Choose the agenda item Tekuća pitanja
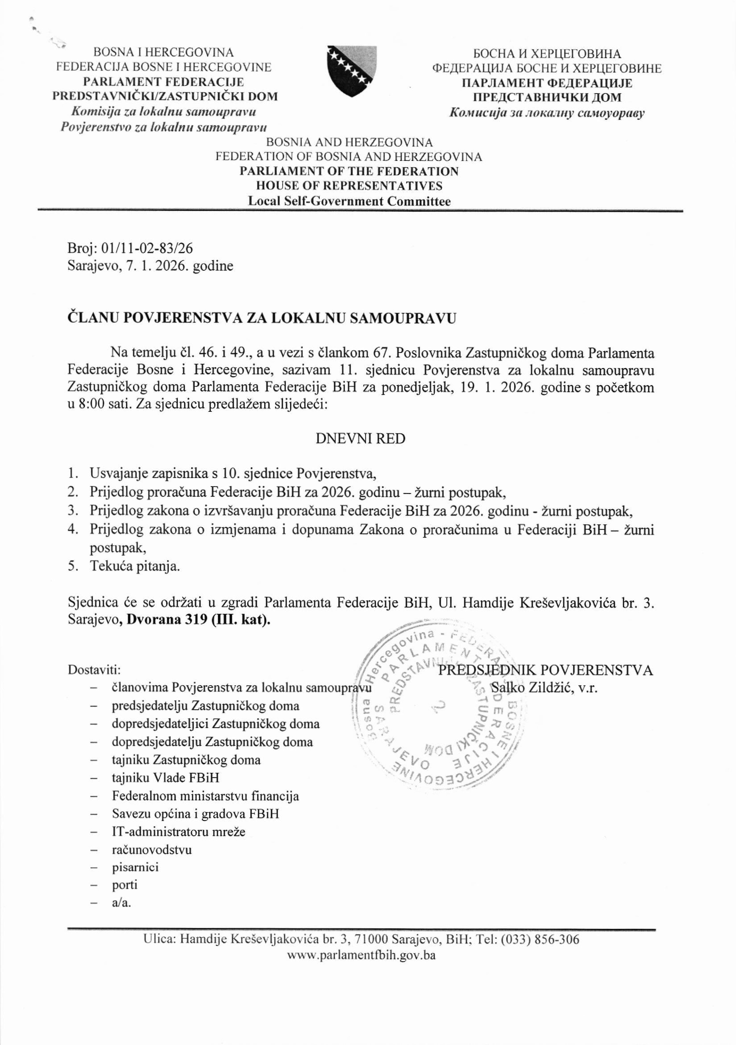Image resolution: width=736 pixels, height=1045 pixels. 135,566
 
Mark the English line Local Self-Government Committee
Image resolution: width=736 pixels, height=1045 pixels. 349,201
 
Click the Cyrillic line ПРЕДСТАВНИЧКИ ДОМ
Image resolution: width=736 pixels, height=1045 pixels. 547,97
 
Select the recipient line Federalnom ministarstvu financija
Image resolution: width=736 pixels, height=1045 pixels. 206,796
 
